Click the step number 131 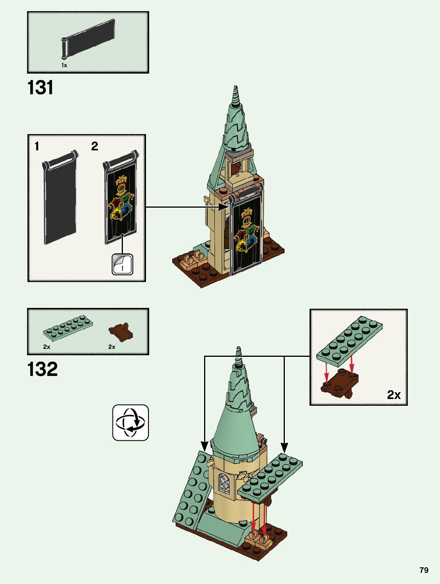pos(40,88)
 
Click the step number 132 pos(43,369)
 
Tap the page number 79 pos(424,570)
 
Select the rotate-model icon pos(130,422)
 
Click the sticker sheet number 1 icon pos(122,264)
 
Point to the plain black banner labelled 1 pos(60,199)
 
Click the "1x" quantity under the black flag pos(64,65)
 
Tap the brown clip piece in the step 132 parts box pos(121,332)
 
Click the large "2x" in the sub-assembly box pos(393,395)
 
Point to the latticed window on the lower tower pos(224,484)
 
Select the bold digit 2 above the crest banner pos(94,146)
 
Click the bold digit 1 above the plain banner pos(37,146)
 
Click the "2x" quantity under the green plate pos(47,347)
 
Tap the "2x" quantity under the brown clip pos(112,347)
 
